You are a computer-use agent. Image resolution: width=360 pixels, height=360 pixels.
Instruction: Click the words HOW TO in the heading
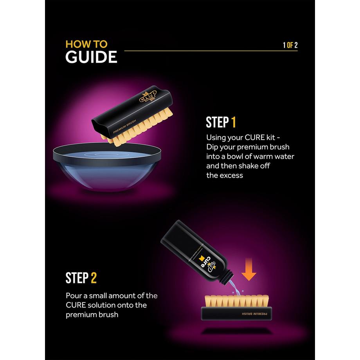(x=86, y=43)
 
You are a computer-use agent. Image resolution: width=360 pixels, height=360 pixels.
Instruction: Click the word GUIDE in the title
(x=91, y=57)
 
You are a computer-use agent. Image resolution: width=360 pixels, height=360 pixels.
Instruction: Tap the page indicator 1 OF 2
(x=290, y=45)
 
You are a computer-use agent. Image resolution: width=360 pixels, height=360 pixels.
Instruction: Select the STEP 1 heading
(x=221, y=122)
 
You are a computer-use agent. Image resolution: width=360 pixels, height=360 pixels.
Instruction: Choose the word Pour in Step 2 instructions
(x=73, y=295)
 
